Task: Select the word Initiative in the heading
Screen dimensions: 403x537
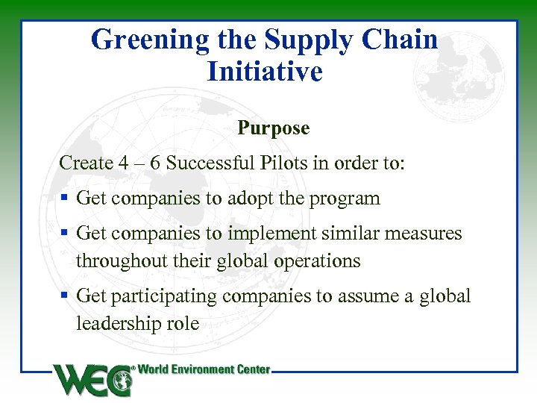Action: click(265, 72)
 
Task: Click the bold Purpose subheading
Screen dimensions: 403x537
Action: click(273, 128)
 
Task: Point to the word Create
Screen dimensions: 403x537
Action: click(84, 163)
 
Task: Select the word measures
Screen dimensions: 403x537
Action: click(426, 234)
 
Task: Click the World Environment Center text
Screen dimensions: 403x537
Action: click(204, 369)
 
